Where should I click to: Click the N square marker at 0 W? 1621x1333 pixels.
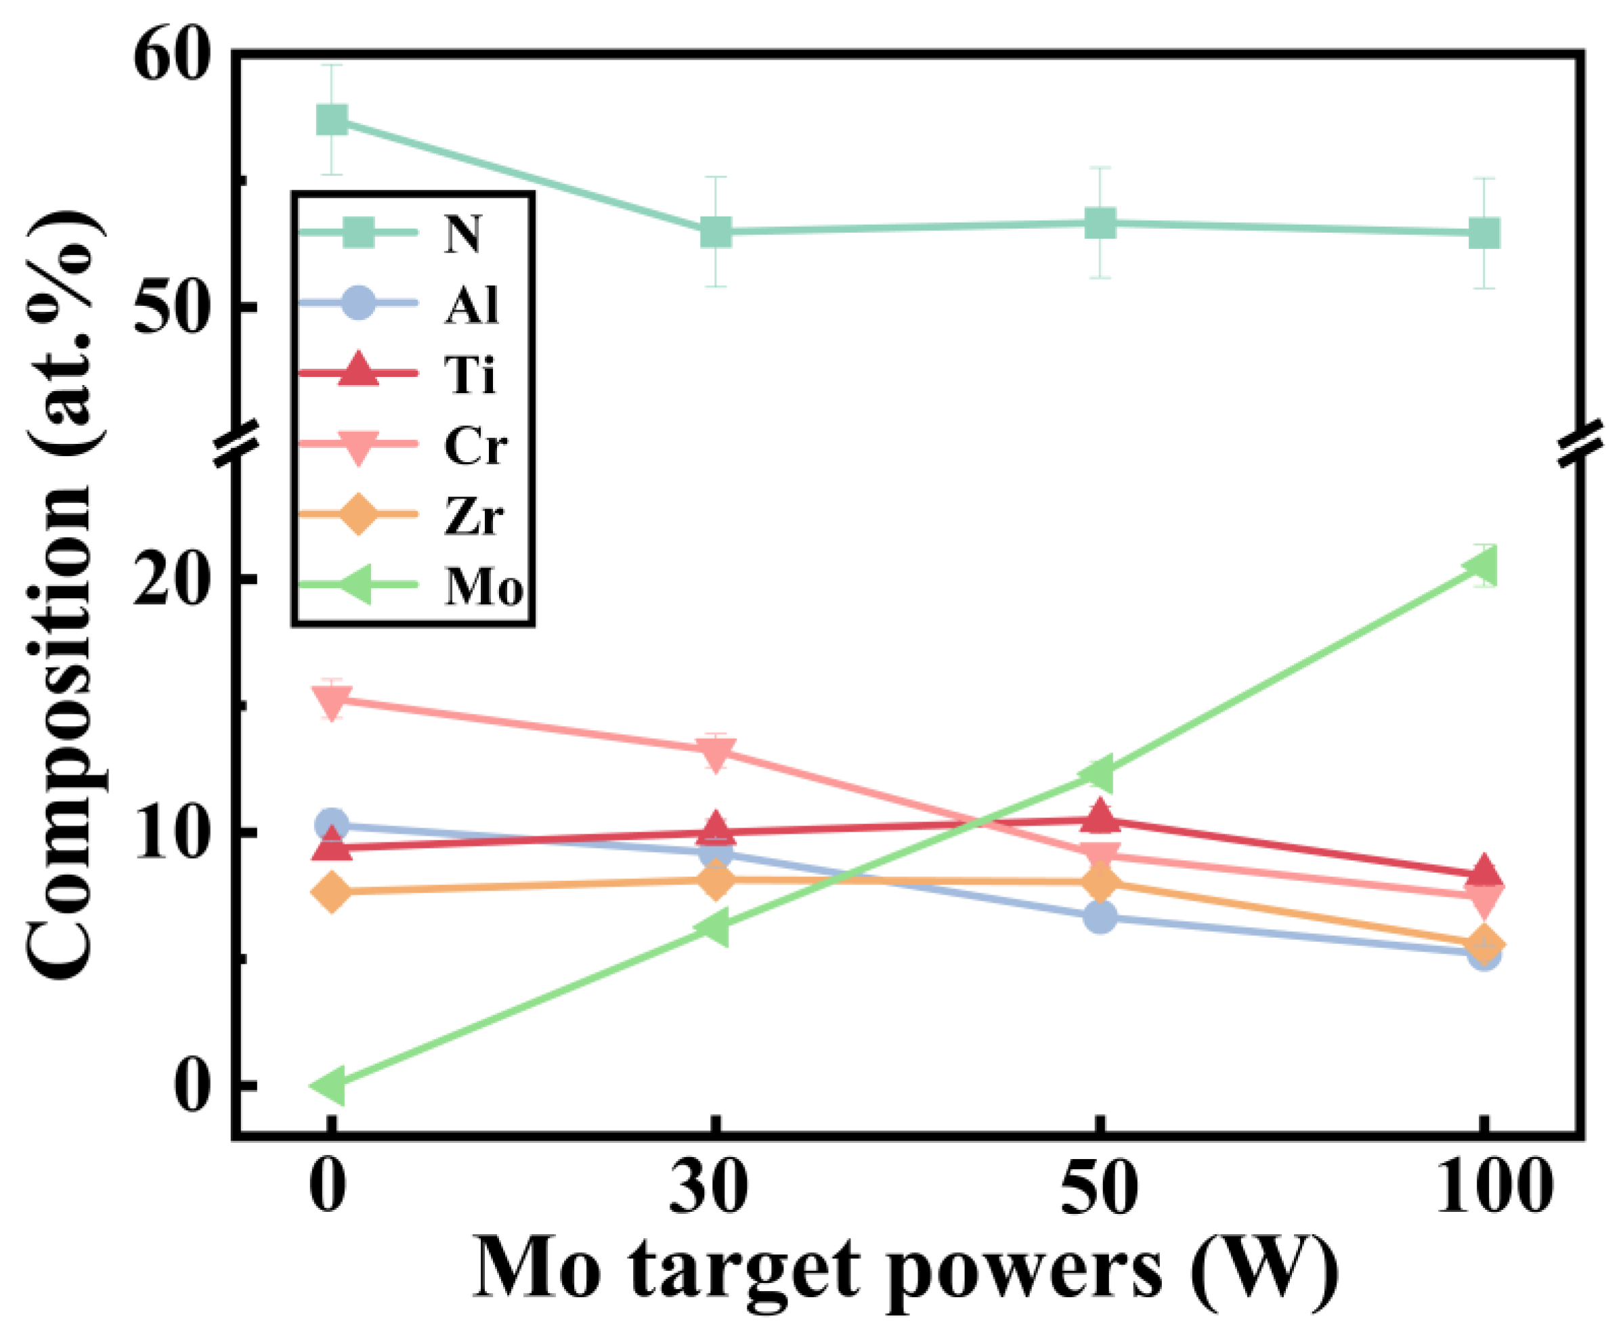pyautogui.click(x=332, y=120)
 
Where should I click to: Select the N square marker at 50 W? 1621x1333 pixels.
pyautogui.click(x=1100, y=223)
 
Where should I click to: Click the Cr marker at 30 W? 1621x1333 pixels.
pyautogui.click(x=716, y=752)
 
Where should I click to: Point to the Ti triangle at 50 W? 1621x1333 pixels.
pyautogui.click(x=1100, y=815)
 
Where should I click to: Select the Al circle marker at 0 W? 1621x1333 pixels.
pyautogui.click(x=332, y=825)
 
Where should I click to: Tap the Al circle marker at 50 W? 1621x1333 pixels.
pyautogui.click(x=1100, y=917)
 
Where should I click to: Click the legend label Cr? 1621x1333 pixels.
pyautogui.click(x=475, y=445)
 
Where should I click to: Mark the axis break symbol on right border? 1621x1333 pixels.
pyautogui.click(x=1582, y=444)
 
